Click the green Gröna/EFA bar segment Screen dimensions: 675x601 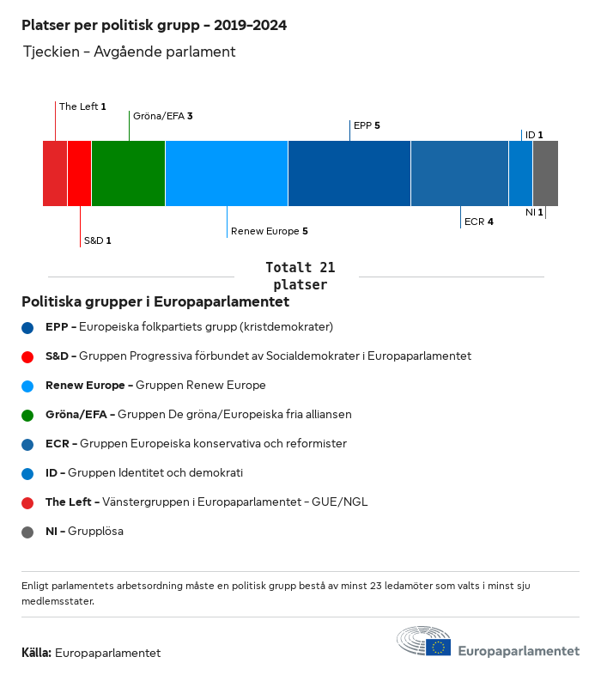128,173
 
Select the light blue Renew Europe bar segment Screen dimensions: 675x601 227,173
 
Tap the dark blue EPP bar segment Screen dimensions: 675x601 349,173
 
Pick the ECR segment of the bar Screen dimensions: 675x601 459,173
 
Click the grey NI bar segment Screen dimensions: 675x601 545,173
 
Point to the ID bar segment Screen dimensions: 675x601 520,173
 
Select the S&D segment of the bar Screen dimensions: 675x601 79,173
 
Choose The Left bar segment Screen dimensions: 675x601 55,173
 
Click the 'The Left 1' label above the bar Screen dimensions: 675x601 82,106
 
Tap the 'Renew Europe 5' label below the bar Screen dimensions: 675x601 269,231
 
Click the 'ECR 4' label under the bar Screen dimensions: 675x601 478,222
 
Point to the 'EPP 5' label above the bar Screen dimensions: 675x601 367,125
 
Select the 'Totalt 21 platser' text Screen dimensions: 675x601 300,276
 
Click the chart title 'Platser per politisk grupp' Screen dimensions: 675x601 155,26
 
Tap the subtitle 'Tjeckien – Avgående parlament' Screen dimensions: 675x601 129,52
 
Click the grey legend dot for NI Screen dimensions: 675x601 28,532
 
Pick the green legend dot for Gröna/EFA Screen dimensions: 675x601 28,415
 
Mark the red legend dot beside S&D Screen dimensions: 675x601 28,356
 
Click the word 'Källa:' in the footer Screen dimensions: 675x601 36,653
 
